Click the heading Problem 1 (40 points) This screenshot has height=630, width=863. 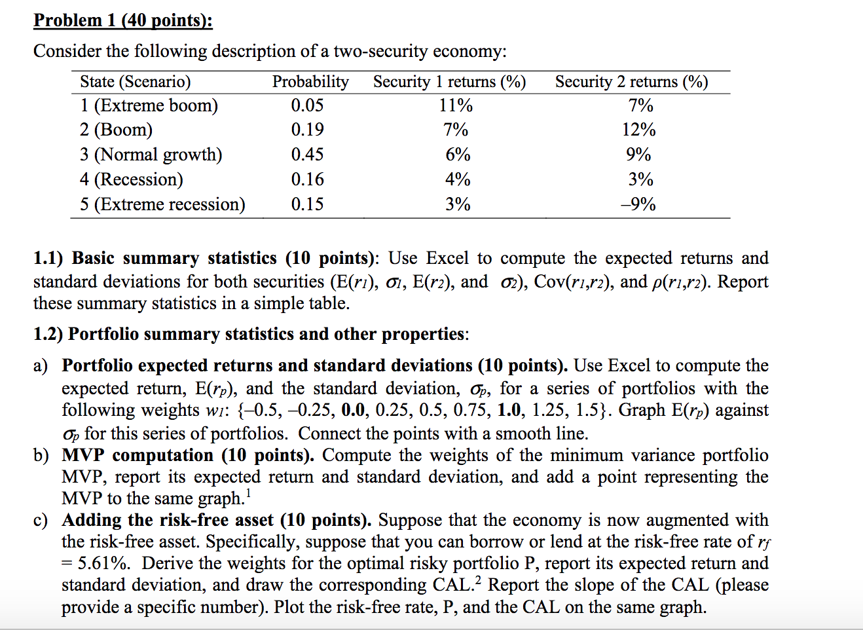click(123, 20)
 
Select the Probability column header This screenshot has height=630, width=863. click(310, 82)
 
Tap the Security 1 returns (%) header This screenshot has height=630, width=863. click(449, 82)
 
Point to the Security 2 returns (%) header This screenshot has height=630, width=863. click(631, 82)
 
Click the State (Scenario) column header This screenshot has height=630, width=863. click(136, 82)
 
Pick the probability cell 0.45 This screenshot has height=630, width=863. click(307, 155)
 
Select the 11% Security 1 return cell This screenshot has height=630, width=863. click(456, 105)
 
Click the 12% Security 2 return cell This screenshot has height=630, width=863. click(639, 130)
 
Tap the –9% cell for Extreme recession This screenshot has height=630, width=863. click(638, 204)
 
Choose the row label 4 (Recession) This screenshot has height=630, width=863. click(132, 179)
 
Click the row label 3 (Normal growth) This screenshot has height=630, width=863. click(151, 155)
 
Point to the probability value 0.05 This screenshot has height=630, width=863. click(307, 105)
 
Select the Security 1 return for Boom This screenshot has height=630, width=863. click(456, 130)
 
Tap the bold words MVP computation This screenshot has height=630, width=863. click(138, 455)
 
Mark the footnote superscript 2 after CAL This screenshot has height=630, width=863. click(478, 579)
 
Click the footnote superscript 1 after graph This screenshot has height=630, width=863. click(249, 493)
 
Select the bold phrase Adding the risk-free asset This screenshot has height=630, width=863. click(168, 520)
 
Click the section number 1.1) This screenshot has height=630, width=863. click(48, 258)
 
